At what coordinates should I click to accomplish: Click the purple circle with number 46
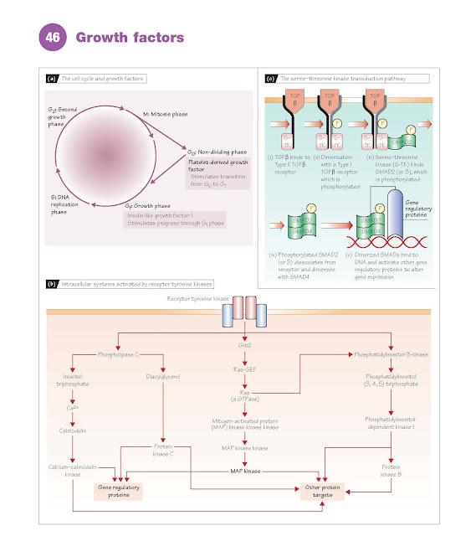53,38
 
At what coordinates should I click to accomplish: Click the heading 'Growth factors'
130,38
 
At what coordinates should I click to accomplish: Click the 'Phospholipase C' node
120,354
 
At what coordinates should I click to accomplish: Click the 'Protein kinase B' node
390,470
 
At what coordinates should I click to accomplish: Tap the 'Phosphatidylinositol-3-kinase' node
391,354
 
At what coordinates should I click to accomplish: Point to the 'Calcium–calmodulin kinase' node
74,471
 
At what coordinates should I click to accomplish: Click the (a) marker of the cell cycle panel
52,79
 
